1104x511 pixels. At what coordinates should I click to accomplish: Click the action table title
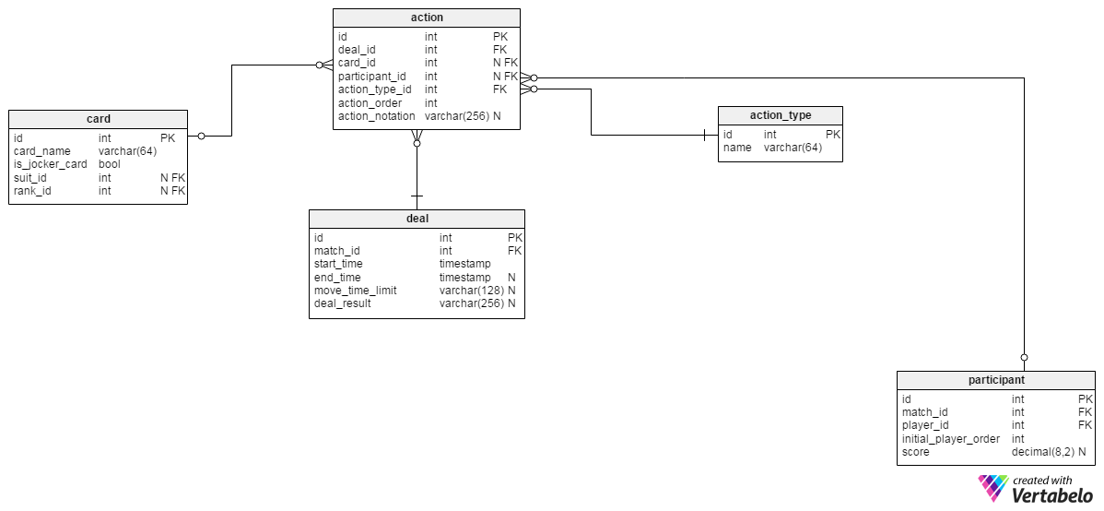click(426, 18)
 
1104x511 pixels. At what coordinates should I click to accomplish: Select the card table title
click(98, 119)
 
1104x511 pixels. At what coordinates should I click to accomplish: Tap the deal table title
click(417, 219)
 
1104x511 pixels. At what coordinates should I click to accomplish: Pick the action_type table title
click(780, 115)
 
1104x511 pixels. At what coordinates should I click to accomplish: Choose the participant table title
click(995, 380)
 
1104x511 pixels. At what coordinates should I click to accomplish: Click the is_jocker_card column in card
click(51, 164)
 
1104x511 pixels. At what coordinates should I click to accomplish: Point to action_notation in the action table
click(377, 116)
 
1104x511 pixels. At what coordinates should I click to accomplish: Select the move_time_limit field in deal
click(356, 291)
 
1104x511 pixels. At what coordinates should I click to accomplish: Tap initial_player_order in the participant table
click(951, 439)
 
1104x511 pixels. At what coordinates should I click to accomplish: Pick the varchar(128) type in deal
click(471, 291)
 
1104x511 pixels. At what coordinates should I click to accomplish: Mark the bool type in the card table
click(110, 164)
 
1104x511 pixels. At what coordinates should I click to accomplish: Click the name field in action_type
click(737, 148)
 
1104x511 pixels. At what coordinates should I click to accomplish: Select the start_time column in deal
click(338, 264)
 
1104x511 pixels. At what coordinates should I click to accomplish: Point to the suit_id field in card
click(30, 178)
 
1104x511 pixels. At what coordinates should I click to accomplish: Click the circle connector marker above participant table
click(1024, 357)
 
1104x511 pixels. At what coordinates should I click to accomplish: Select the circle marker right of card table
click(201, 137)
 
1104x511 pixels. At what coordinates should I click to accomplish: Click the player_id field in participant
click(925, 425)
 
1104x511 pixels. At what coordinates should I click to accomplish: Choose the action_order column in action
click(370, 103)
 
